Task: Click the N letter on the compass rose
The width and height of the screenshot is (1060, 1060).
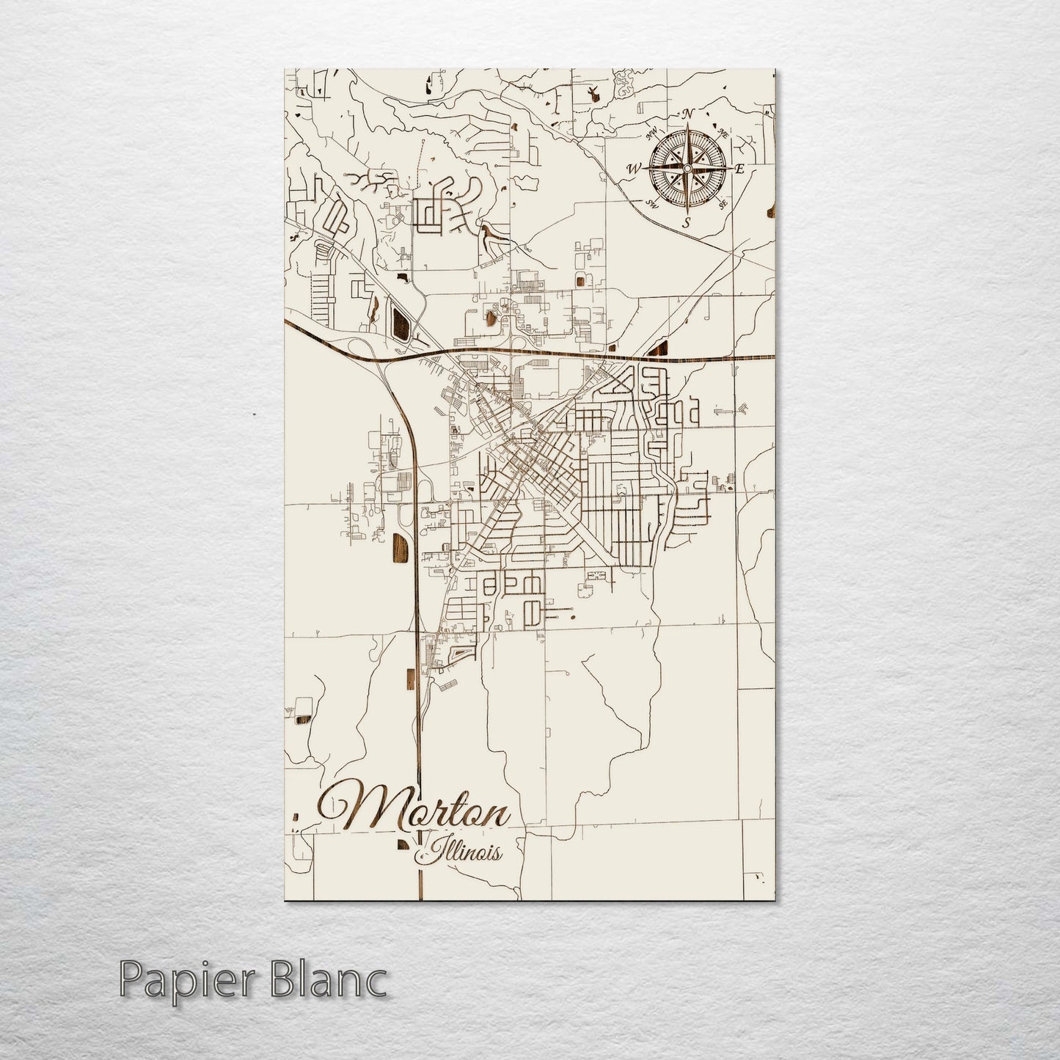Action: click(688, 114)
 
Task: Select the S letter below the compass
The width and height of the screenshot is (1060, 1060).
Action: click(687, 222)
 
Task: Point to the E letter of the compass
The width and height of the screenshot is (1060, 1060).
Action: click(739, 169)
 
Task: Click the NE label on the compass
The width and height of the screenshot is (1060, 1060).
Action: click(723, 134)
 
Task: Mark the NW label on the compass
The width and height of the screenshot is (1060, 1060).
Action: click(651, 134)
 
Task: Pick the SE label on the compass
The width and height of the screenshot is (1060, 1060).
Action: click(723, 205)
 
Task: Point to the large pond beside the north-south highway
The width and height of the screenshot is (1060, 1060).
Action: click(401, 549)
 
